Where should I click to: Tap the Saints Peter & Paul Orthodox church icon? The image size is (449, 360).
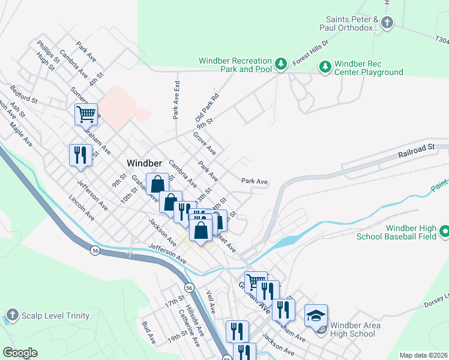(x=387, y=23)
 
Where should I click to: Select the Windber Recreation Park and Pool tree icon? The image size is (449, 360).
(x=280, y=64)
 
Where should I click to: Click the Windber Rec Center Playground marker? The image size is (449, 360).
(x=325, y=65)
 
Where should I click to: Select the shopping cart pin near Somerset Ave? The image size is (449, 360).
(x=86, y=113)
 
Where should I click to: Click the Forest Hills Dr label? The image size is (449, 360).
(x=311, y=53)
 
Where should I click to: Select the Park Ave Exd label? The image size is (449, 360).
(x=176, y=100)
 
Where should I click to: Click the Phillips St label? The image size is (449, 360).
(x=48, y=52)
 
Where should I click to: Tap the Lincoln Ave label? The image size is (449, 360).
(x=82, y=207)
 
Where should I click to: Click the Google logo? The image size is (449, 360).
(x=20, y=353)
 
